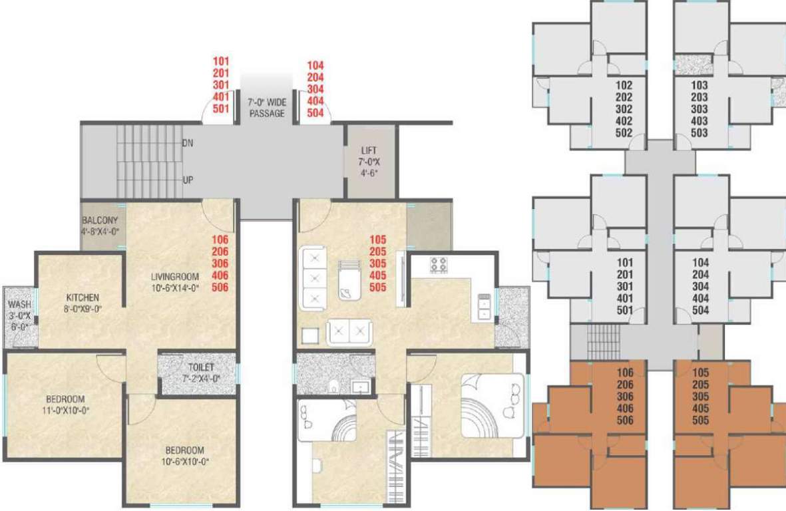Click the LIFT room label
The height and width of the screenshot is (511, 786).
(369, 150)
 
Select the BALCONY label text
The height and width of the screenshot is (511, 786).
(100, 221)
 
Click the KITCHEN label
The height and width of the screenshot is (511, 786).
(83, 297)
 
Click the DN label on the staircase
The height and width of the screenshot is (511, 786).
(188, 143)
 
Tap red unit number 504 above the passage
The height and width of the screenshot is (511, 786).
(315, 112)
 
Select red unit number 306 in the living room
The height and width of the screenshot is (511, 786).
(220, 263)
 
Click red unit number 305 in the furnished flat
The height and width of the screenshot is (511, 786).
(379, 263)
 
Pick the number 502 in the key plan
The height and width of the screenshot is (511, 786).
(624, 132)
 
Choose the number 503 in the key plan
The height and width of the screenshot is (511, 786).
(699, 132)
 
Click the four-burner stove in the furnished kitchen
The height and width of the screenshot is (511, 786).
(439, 264)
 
